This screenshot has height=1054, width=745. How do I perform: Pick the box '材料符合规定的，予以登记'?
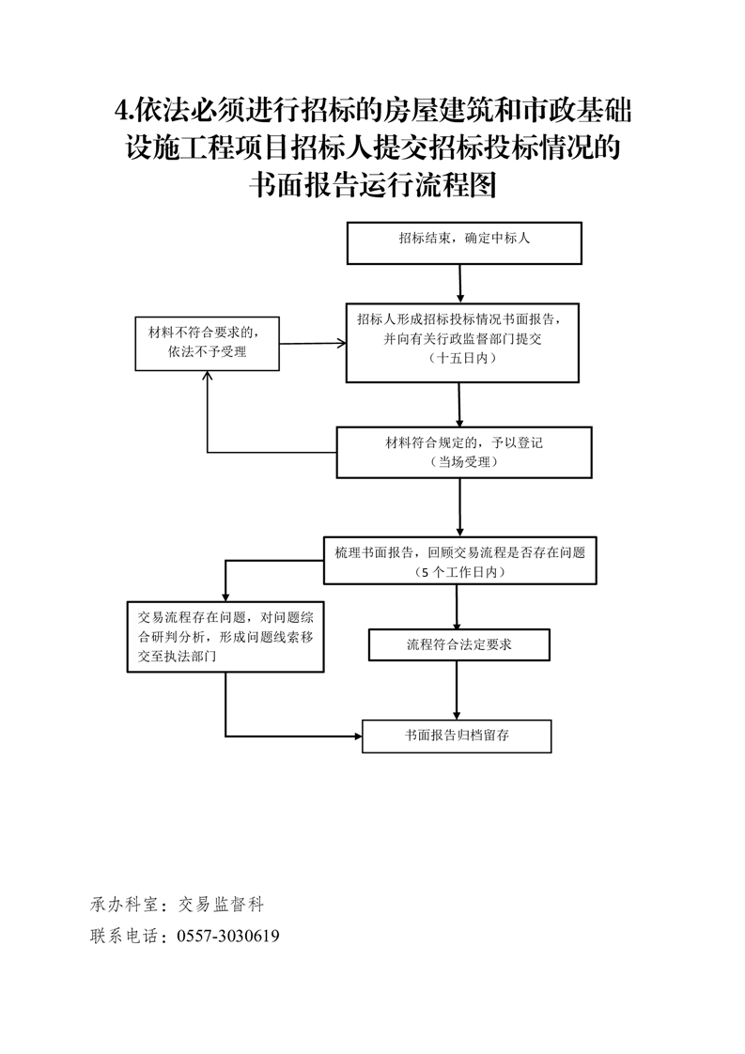(464, 452)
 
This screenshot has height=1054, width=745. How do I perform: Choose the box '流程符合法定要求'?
(458, 645)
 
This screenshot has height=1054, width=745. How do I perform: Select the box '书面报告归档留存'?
(457, 736)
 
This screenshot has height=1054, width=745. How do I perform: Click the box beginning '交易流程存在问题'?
(225, 637)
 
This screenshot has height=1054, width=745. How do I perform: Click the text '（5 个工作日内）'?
(459, 572)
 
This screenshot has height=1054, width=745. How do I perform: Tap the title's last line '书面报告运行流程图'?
(372, 185)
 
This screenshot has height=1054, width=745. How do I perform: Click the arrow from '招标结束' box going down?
(460, 283)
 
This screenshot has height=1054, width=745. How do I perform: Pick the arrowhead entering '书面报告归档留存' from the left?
(358, 736)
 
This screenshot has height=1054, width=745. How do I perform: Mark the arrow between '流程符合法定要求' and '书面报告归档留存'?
(457, 690)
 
